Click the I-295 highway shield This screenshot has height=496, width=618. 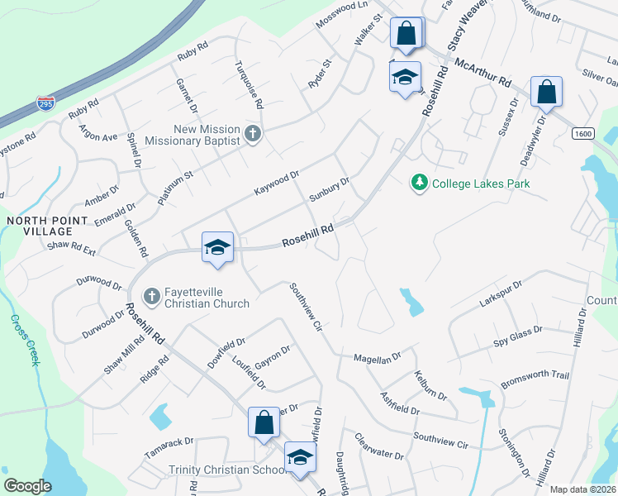45,104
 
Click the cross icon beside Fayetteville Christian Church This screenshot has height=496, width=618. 151,295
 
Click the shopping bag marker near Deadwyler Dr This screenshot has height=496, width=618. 546,92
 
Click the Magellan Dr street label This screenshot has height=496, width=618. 378,355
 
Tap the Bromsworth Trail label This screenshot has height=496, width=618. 535,380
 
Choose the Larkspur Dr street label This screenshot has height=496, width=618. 502,295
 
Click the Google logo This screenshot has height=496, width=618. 27,485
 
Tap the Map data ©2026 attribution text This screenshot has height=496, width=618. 582,489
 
